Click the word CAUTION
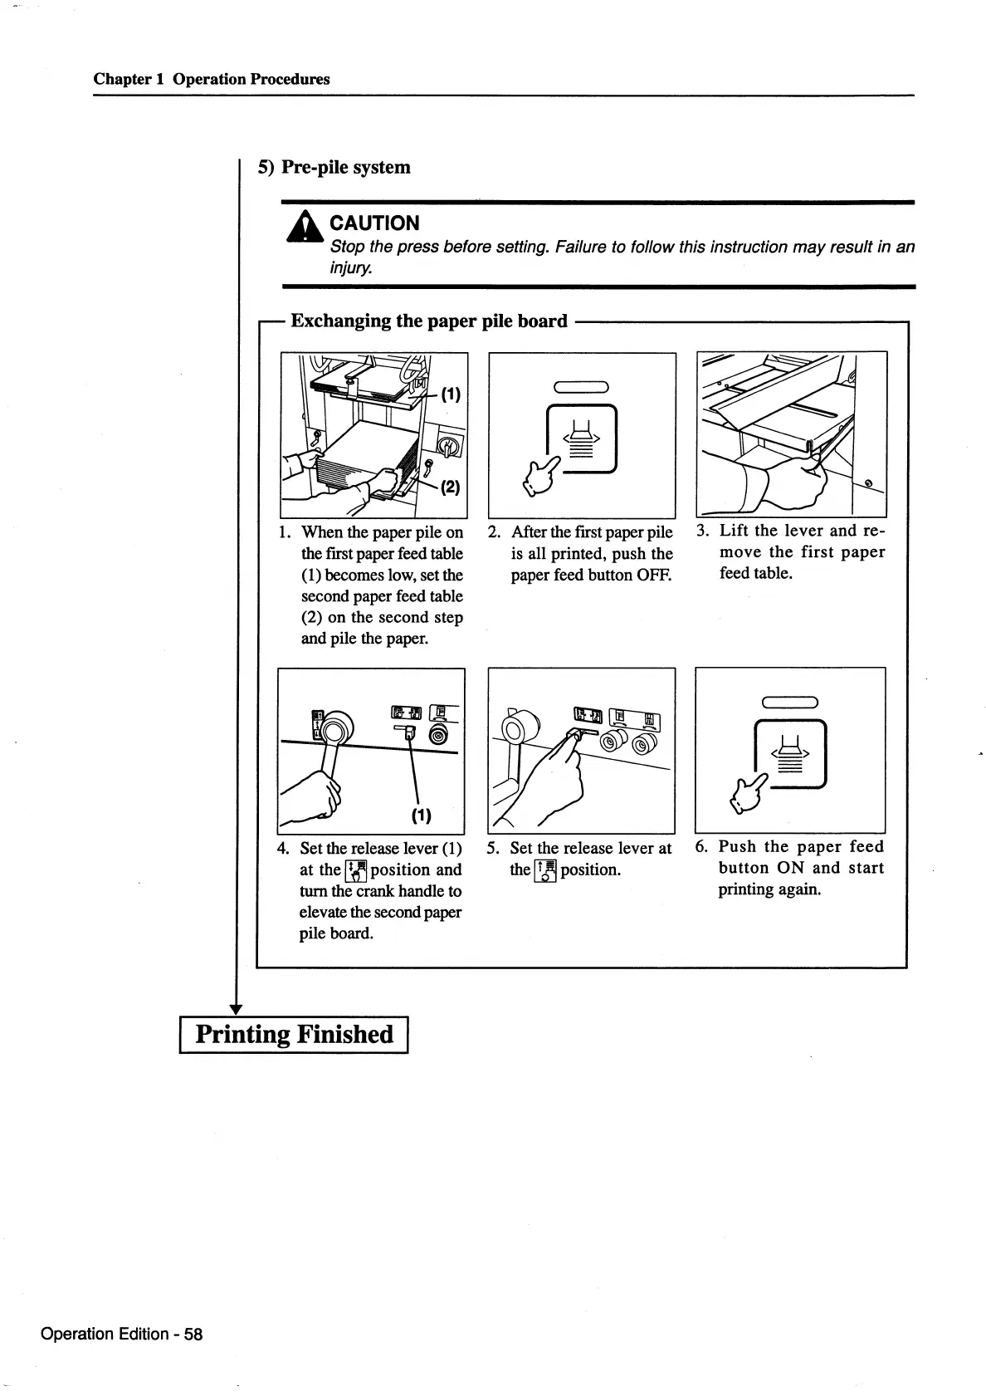tap(374, 223)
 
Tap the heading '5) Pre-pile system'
tap(334, 167)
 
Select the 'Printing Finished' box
tap(294, 1035)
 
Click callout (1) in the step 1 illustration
tap(450, 395)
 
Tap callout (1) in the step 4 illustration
tap(421, 815)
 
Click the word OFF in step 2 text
tap(655, 575)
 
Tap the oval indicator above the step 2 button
tap(582, 385)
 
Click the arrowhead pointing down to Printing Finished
tap(236, 1008)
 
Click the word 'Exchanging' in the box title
tap(339, 321)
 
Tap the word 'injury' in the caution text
tap(349, 269)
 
